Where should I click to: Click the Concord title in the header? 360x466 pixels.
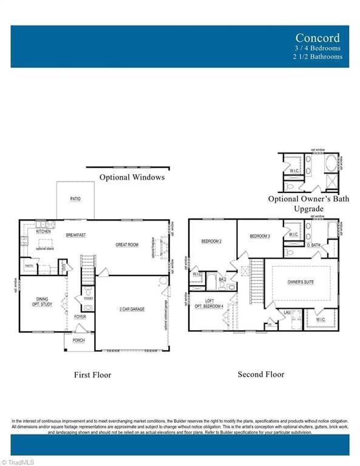pyautogui.click(x=319, y=38)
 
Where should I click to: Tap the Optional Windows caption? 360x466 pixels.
pyautogui.click(x=132, y=177)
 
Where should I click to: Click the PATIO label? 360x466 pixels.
pyautogui.click(x=75, y=198)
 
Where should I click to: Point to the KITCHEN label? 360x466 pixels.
pyautogui.click(x=43, y=232)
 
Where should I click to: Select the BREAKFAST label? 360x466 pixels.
pyautogui.click(x=76, y=235)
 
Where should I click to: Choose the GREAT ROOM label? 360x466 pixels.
pyautogui.click(x=127, y=245)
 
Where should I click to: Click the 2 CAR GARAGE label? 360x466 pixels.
pyautogui.click(x=132, y=309)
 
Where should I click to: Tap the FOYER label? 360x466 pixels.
pyautogui.click(x=80, y=317)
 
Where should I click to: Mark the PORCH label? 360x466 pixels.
pyautogui.click(x=79, y=340)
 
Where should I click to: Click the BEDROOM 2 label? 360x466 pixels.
pyautogui.click(x=211, y=241)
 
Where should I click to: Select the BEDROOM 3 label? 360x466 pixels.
pyautogui.click(x=260, y=235)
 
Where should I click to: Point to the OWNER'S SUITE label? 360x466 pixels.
pyautogui.click(x=301, y=282)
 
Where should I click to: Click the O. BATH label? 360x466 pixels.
pyautogui.click(x=313, y=245)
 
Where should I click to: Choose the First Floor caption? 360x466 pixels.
pyautogui.click(x=93, y=375)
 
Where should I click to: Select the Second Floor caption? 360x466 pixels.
pyautogui.click(x=261, y=374)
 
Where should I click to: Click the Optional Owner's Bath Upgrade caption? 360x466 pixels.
pyautogui.click(x=309, y=203)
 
